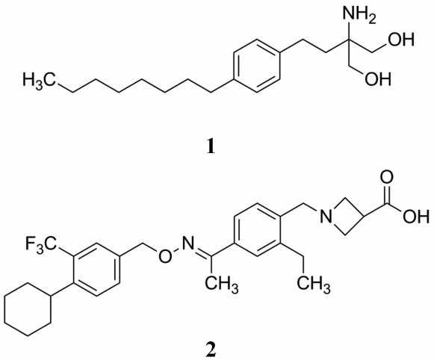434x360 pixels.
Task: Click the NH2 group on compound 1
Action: tap(359, 14)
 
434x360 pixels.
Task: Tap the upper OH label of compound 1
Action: tap(401, 40)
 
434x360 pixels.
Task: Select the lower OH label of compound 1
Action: tap(378, 78)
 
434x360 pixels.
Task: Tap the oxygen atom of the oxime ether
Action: tap(164, 256)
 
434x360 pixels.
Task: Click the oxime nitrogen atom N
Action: tap(188, 243)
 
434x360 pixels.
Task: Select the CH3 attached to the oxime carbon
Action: tap(221, 285)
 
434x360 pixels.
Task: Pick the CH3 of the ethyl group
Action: tap(314, 285)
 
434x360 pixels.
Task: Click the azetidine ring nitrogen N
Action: tap(326, 216)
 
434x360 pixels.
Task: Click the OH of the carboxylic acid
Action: tap(416, 216)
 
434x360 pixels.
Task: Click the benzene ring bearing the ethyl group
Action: tap(258, 230)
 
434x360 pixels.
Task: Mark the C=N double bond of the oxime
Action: tap(204, 251)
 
